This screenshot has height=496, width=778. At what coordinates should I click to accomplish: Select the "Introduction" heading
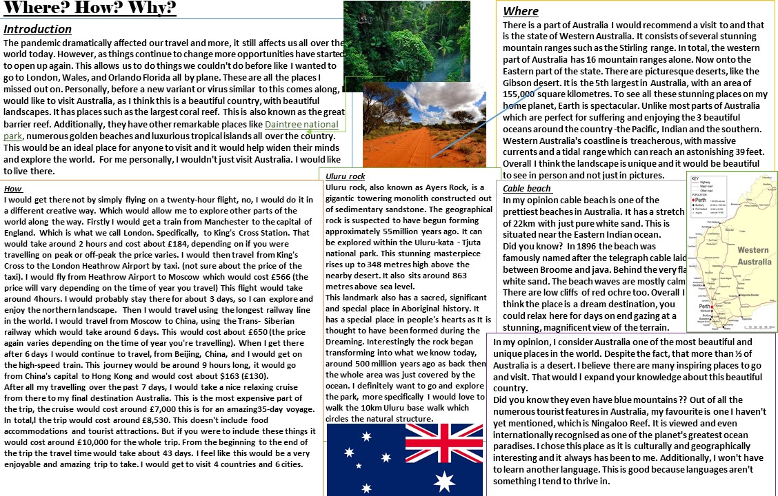click(x=38, y=29)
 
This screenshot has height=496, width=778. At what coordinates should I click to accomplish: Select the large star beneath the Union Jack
click(x=445, y=481)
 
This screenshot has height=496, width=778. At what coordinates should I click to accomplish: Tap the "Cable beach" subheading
click(x=527, y=189)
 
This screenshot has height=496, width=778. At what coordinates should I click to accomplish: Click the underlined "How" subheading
click(x=13, y=189)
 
